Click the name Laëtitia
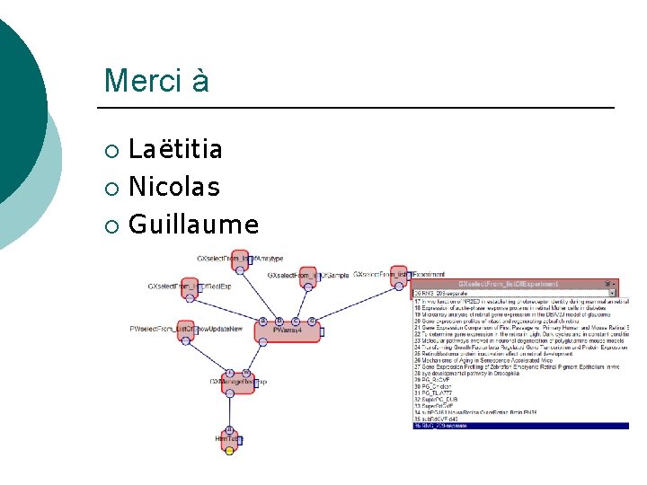pyautogui.click(x=175, y=149)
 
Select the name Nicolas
pyautogui.click(x=174, y=187)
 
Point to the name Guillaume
pyautogui.click(x=193, y=225)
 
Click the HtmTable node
pyautogui.click(x=229, y=438)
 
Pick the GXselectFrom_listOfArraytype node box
pyautogui.click(x=240, y=260)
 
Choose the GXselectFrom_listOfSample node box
pyautogui.click(x=309, y=276)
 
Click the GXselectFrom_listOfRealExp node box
pyautogui.click(x=190, y=287)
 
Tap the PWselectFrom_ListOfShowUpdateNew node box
pyautogui.click(x=186, y=330)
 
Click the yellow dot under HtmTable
pyautogui.click(x=229, y=451)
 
